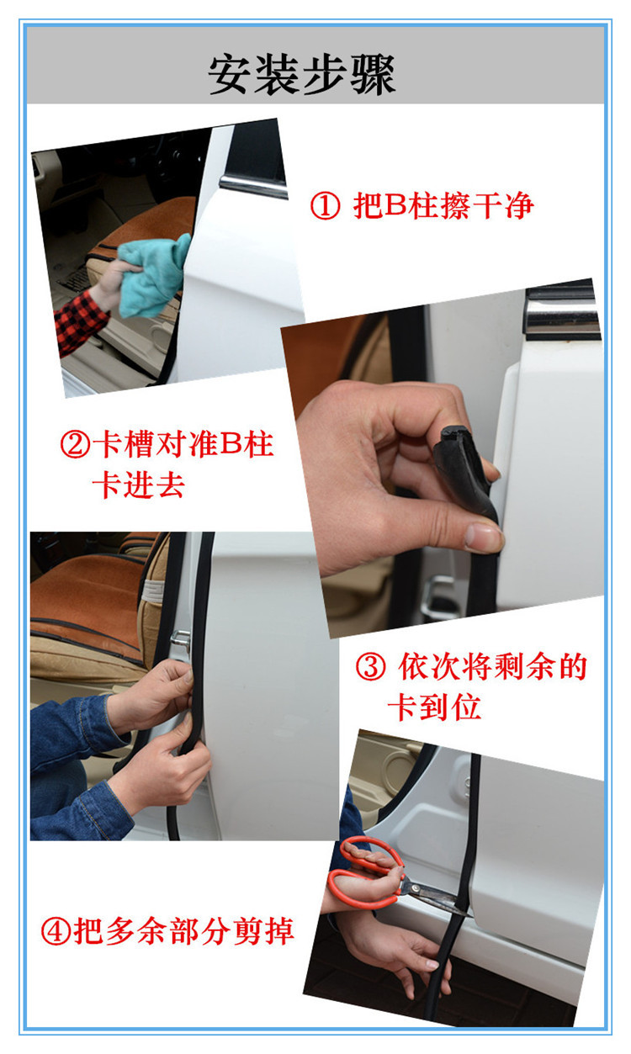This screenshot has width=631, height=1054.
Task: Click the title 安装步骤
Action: [302, 76]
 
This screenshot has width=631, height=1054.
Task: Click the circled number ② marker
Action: [75, 444]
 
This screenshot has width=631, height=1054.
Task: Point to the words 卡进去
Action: [138, 485]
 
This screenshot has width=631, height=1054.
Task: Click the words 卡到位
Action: [433, 707]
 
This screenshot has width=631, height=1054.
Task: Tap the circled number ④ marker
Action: [56, 931]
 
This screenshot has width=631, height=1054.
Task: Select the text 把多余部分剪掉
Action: [184, 931]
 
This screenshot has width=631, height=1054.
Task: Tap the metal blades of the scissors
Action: [433, 897]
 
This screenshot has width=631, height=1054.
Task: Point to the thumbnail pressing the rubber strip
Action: [483, 536]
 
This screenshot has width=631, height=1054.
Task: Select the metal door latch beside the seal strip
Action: [180, 643]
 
